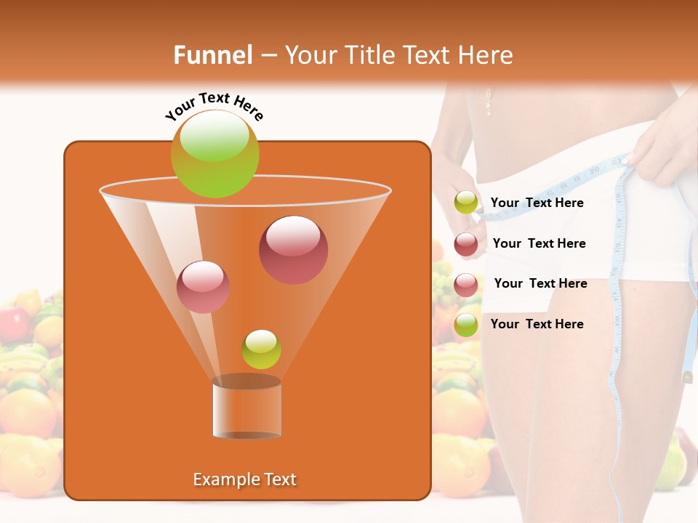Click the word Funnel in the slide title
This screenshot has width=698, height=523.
(x=212, y=55)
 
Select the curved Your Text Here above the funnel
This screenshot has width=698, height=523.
(x=214, y=106)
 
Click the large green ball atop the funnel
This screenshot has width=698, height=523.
(x=214, y=154)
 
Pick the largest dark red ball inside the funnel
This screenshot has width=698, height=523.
(x=293, y=250)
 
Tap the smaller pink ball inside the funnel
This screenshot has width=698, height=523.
(x=203, y=286)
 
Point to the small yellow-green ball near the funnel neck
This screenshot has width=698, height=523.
(x=261, y=349)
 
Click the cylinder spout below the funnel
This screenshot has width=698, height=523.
(x=246, y=408)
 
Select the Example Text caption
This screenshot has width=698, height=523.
(x=244, y=479)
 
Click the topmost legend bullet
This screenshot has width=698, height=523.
(x=466, y=203)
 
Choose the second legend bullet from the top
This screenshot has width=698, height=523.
(x=466, y=244)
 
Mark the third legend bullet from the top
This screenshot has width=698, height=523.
(x=466, y=284)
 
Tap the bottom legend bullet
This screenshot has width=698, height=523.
(x=466, y=325)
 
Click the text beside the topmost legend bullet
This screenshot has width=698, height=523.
(x=537, y=203)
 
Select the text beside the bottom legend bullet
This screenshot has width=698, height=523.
(x=537, y=324)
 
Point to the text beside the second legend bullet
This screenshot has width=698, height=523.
(x=539, y=243)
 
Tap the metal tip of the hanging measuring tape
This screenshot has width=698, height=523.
(x=686, y=377)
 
